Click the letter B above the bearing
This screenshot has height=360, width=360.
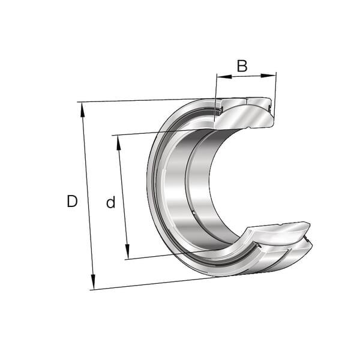[242, 66]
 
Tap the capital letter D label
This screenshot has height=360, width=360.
[72, 201]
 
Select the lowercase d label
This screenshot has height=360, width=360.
[110, 202]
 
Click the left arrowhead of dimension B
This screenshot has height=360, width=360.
[224, 76]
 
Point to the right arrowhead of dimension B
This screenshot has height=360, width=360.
[268, 75]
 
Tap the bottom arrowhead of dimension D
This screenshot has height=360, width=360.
[93, 281]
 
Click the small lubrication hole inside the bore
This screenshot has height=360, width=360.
[194, 213]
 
